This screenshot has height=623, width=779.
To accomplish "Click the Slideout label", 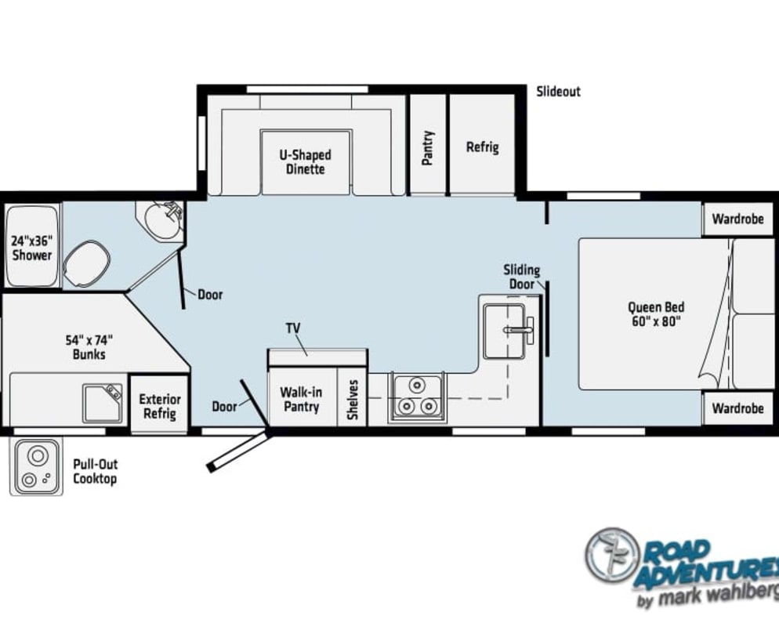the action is point(559,92).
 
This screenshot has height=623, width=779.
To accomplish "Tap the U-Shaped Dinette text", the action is point(305,162).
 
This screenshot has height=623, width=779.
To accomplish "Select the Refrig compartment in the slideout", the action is point(482,144).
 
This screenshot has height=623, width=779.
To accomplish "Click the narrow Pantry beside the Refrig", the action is point(427,144).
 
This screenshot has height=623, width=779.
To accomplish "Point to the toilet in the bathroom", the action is point(87,263).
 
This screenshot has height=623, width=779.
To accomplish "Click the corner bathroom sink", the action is point(162,222).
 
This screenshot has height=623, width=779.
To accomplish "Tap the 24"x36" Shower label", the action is point(32,248).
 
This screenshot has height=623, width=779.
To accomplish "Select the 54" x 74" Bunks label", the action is point(89,347).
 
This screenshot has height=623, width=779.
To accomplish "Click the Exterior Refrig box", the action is point(159,404).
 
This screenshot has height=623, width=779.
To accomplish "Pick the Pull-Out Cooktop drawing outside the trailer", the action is point(36,466).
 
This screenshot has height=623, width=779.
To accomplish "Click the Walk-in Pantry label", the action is point(301,400).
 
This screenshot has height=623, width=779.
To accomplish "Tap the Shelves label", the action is point(353,400).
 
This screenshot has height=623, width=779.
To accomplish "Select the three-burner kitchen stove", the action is point(417,397).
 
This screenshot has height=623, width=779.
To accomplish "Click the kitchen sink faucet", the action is point(520,329).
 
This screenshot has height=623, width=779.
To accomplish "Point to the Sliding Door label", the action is point(522,277).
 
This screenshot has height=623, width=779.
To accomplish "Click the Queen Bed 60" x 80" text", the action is point(656,314).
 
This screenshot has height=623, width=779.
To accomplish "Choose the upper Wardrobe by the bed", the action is point(738,219).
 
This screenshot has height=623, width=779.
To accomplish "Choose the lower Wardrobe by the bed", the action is point(738,408).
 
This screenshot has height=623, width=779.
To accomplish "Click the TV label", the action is point(293,328).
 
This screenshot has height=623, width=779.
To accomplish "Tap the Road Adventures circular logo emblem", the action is point(612,555).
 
